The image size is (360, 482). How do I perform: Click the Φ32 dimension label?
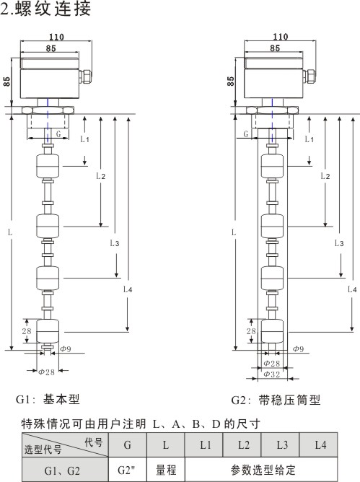(x=272, y=374)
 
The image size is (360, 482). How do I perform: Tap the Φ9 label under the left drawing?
(x=66, y=349)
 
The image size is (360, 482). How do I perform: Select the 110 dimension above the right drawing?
(x=281, y=37)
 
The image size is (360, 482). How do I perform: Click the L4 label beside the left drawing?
(x=128, y=289)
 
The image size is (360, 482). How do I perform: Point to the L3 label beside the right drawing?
(x=339, y=243)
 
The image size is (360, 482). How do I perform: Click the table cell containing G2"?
(x=127, y=470)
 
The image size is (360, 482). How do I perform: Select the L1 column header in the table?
(x=204, y=444)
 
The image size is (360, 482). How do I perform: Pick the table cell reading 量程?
(x=166, y=470)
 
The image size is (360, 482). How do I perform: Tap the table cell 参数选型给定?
(x=261, y=470)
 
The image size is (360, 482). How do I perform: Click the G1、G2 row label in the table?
(x=62, y=470)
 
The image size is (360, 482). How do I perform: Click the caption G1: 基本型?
(x=48, y=399)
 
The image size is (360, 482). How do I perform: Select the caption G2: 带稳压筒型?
(x=276, y=400)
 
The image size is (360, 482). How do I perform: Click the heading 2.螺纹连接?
(x=45, y=9)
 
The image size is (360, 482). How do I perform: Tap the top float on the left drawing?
(x=48, y=166)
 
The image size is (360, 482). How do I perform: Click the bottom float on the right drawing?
(x=272, y=331)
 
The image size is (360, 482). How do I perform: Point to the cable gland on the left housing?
(x=85, y=76)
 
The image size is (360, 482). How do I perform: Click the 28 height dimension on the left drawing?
(x=27, y=331)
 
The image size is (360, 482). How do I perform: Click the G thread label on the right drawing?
(x=245, y=134)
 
